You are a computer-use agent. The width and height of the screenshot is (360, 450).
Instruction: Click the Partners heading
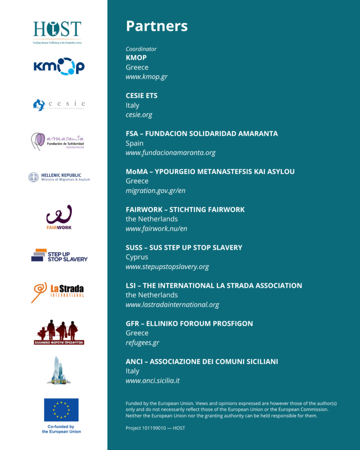pyautogui.click(x=156, y=26)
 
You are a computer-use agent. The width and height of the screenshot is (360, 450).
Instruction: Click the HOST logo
pyautogui.click(x=57, y=32)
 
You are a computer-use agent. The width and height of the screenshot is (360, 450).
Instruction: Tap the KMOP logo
pyautogui.click(x=59, y=66)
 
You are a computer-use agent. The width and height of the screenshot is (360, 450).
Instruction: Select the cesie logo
pyautogui.click(x=59, y=105)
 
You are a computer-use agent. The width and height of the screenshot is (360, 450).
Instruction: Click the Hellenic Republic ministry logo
pyautogui.click(x=59, y=177)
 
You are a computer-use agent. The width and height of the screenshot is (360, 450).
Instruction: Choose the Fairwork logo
pyautogui.click(x=59, y=217)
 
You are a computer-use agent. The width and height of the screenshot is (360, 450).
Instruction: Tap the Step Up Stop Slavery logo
pyautogui.click(x=59, y=255)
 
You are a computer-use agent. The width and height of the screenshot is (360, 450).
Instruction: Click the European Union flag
pyautogui.click(x=61, y=410)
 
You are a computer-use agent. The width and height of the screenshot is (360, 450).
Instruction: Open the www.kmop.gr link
pyautogui.click(x=146, y=77)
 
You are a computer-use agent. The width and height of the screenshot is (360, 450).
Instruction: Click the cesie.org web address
pyautogui.click(x=139, y=115)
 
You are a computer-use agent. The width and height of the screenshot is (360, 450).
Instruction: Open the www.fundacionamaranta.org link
pyautogui.click(x=171, y=153)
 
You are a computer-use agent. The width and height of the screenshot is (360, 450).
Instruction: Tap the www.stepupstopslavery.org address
pyautogui.click(x=167, y=267)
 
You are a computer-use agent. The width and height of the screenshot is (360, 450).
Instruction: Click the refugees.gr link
pyautogui.click(x=142, y=343)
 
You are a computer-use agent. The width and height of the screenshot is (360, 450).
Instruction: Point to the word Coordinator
pyautogui.click(x=141, y=49)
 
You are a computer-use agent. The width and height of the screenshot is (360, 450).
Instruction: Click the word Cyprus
pyautogui.click(x=137, y=257)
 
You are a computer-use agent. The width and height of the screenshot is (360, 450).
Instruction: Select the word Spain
pyautogui.click(x=135, y=143)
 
